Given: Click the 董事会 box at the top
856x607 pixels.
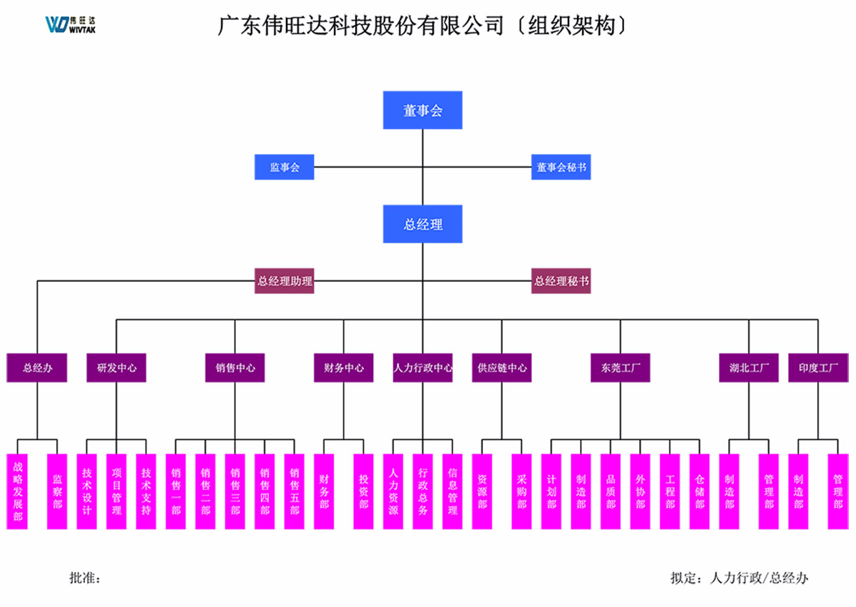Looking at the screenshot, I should [422, 111].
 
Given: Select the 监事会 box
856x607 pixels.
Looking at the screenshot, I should [285, 168].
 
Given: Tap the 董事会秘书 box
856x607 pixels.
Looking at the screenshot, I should [561, 168].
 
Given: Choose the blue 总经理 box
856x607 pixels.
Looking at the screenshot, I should [422, 224].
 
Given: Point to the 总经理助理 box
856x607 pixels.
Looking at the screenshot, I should [285, 281].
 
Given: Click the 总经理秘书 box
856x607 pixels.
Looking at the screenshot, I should [561, 281].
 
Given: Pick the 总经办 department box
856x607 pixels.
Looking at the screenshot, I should [37, 368].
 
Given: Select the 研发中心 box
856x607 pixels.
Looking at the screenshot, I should [116, 368].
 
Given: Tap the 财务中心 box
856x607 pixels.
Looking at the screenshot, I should [343, 368].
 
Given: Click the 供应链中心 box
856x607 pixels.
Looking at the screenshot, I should [501, 368].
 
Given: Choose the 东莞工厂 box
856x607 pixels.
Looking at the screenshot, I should [620, 368].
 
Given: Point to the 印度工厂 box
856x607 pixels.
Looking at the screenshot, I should [817, 368].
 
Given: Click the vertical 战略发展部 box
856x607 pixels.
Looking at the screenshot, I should [18, 492].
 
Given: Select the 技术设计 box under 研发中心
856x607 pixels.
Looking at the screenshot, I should [87, 492].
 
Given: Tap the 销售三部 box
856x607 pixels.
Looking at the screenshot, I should [235, 492].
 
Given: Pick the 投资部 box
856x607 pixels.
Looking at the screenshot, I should [363, 492].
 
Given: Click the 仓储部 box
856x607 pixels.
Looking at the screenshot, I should [699, 492].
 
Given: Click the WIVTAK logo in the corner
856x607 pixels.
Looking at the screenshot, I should [71, 24].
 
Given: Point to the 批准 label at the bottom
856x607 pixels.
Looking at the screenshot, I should [85, 578].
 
